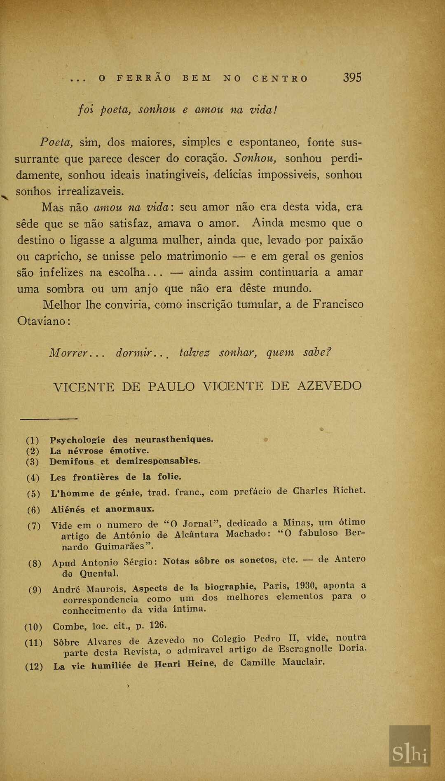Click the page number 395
(352, 77)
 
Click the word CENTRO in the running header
(280, 78)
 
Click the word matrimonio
(197, 256)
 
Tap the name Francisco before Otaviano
(338, 305)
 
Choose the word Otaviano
(42, 321)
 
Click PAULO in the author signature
(171, 387)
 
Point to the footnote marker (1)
(33, 440)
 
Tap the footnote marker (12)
(34, 666)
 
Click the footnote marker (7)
(34, 526)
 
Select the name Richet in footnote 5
(349, 490)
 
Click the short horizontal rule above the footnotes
(49, 419)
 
